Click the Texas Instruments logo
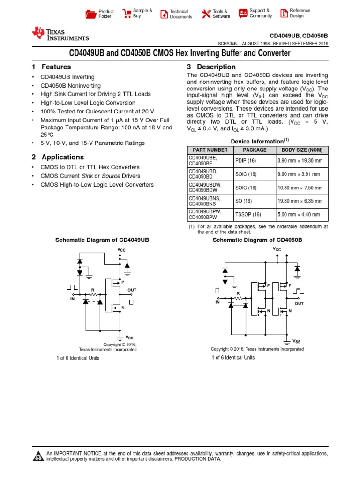(x=60, y=34)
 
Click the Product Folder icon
(x=90, y=14)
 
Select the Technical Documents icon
(x=164, y=14)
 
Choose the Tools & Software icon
(x=206, y=14)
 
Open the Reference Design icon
(x=284, y=14)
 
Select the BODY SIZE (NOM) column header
(x=301, y=150)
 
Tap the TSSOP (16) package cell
(x=247, y=215)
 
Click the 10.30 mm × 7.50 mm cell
(x=300, y=188)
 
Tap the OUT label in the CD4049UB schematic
(x=132, y=291)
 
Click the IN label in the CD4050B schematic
(x=217, y=303)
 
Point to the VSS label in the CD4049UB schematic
(x=130, y=337)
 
